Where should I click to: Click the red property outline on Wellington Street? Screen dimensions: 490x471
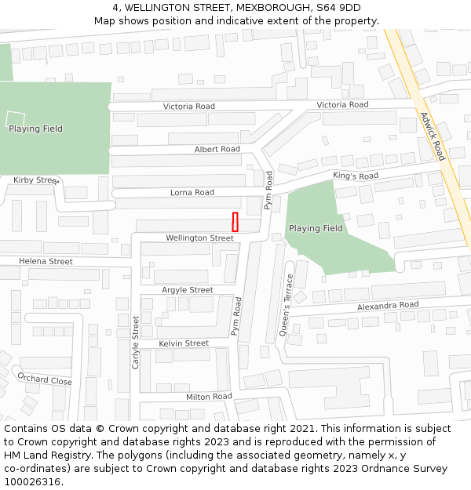(235, 222)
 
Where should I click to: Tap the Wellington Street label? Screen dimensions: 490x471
(199, 238)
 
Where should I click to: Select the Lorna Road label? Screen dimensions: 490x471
(192, 192)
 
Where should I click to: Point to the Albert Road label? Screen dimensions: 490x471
(217, 149)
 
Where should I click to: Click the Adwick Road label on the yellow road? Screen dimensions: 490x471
(432, 135)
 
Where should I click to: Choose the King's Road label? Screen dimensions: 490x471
(356, 176)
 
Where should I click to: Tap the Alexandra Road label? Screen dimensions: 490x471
(388, 305)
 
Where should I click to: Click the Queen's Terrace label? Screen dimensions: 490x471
(287, 305)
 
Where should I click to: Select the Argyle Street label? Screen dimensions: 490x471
(188, 290)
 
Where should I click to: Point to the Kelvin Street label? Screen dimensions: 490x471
(184, 343)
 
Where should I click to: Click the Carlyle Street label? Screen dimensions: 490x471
(136, 342)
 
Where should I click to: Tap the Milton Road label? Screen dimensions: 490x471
(209, 397)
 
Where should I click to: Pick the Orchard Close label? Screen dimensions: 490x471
(45, 379)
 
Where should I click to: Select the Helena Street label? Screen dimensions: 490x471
(46, 261)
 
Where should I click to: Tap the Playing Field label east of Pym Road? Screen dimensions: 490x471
(316, 228)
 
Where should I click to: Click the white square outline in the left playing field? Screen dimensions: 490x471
(16, 120)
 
